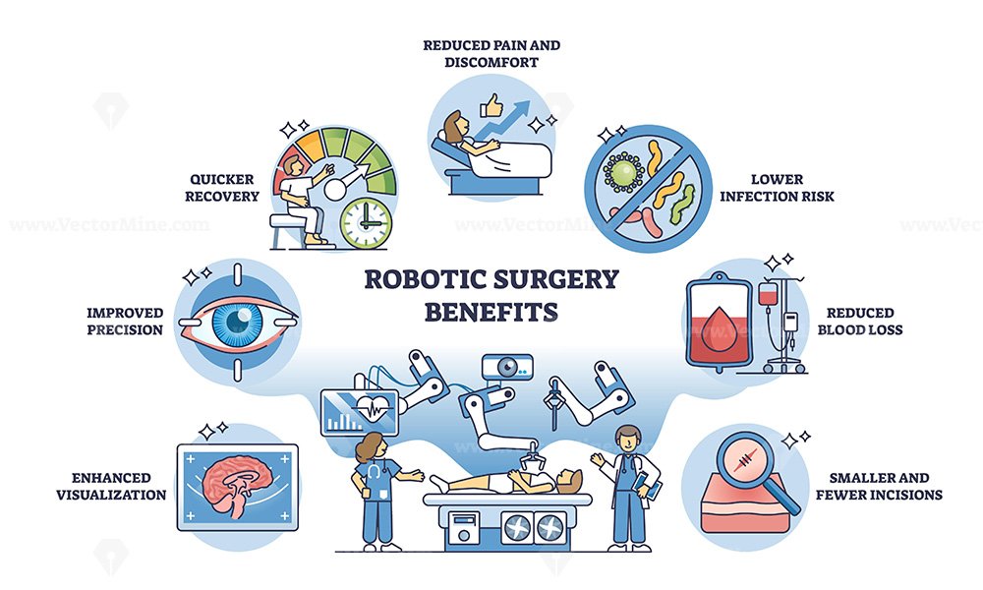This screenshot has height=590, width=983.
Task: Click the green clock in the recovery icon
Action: [366, 224]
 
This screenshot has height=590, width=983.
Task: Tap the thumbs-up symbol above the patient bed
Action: [491, 106]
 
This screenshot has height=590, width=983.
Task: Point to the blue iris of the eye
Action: [238, 322]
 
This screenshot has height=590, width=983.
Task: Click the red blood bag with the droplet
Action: [719, 323]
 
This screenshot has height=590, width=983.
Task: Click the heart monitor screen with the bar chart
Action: [359, 413]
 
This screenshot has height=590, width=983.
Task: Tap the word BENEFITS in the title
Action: [491, 312]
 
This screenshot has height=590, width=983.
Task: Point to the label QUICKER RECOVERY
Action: [222, 188]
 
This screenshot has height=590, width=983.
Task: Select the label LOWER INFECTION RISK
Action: [777, 188]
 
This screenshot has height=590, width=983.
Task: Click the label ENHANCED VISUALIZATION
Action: [112, 486]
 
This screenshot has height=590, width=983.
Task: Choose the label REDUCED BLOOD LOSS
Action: [860, 321]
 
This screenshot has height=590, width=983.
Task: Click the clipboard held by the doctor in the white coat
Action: [646, 484]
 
